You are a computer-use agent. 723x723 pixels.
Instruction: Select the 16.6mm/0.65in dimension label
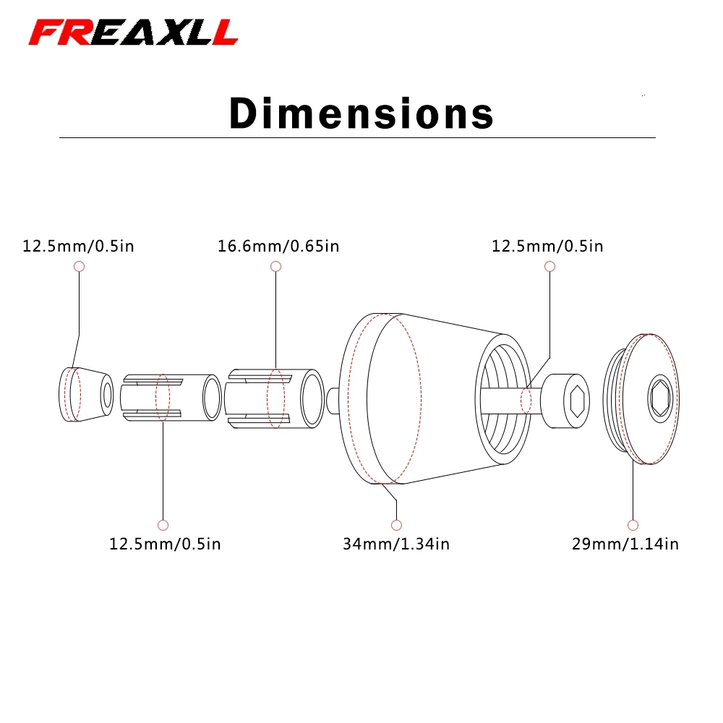click(278, 247)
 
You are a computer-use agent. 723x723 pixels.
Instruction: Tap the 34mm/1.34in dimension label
click(395, 544)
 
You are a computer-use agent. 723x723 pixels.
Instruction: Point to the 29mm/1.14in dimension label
click(625, 544)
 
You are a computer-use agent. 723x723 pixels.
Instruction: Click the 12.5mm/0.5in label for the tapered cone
click(78, 247)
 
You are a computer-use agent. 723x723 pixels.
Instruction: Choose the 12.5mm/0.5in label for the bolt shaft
click(547, 247)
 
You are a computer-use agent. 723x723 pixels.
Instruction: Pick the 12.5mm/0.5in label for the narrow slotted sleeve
click(165, 544)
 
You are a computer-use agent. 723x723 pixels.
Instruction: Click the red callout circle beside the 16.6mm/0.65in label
click(275, 266)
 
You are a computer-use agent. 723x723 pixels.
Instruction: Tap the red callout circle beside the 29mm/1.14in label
click(633, 525)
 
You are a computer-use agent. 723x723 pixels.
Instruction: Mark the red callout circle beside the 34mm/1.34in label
click(395, 525)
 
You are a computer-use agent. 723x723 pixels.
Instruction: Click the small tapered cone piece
click(85, 394)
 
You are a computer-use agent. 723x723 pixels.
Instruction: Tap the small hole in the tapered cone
click(108, 395)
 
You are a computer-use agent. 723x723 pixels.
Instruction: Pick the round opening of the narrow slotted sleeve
click(213, 397)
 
